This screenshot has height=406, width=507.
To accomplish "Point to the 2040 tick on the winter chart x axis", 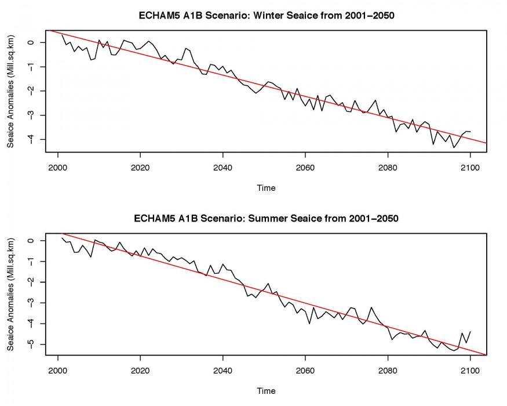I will click(x=223, y=153).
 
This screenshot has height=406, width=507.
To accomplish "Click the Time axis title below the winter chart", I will click(x=267, y=188).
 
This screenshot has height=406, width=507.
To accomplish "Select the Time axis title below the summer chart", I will click(x=267, y=391).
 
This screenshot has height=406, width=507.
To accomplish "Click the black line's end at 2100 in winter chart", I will click(x=469, y=132).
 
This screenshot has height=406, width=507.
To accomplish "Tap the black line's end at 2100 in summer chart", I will click(x=469, y=331).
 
